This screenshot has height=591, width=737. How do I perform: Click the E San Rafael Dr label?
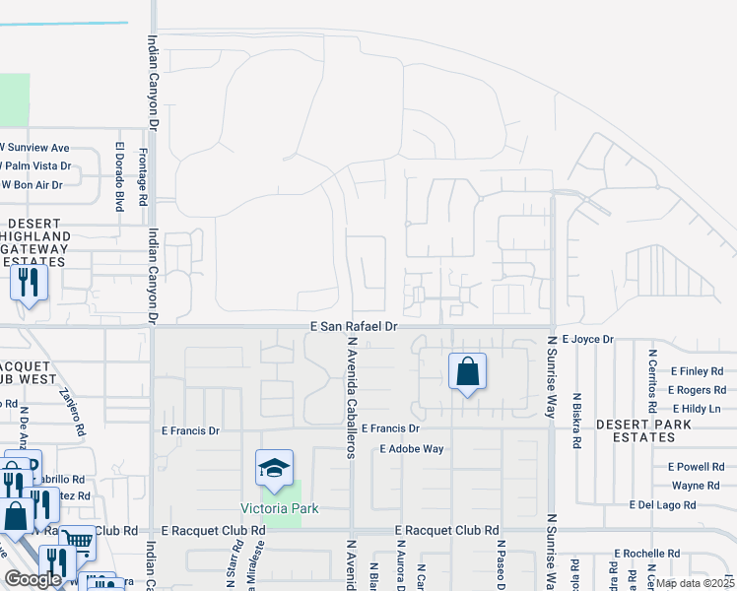point(353,326)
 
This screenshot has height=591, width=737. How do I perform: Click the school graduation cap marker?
point(275,470)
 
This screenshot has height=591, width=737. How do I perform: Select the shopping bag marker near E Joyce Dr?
point(467,372)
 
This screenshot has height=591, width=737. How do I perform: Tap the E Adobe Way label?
point(413,449)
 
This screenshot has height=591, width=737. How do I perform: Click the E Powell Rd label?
point(696,466)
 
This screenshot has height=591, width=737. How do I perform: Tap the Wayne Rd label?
point(696,486)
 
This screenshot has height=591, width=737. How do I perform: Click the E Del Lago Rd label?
point(662,505)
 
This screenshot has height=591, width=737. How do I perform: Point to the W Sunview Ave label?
point(35,147)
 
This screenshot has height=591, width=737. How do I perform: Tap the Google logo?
point(33,579)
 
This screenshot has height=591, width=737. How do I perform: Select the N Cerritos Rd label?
point(652,379)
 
